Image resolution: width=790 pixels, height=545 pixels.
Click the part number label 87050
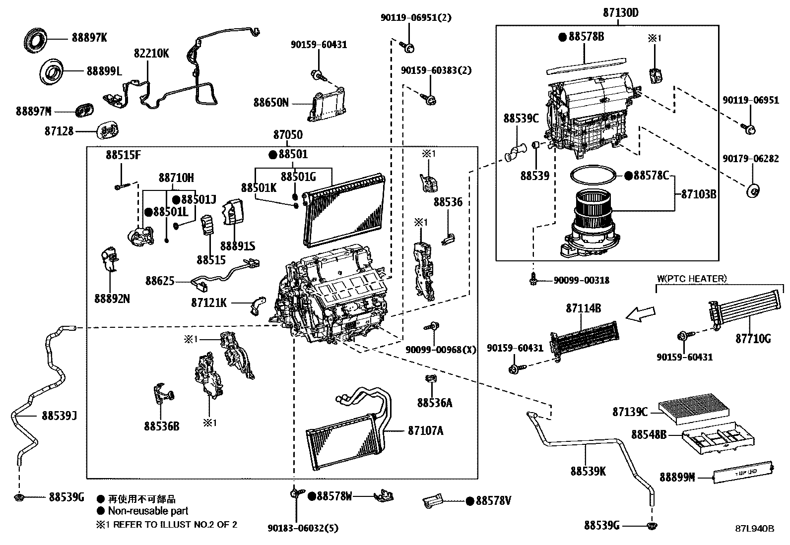click(287, 135)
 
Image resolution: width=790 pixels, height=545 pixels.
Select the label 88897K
click(89, 37)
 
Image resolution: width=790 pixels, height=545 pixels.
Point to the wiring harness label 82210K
click(151, 53)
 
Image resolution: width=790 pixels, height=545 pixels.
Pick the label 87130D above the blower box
click(620, 13)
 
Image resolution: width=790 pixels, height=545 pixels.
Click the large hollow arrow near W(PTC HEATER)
click(641, 313)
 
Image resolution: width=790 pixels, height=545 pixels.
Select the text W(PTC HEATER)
click(691, 279)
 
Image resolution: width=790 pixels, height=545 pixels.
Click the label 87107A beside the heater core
click(425, 431)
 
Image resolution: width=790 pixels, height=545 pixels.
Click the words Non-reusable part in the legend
click(148, 511)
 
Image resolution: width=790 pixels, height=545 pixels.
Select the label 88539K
click(588, 471)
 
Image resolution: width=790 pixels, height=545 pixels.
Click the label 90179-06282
click(750, 159)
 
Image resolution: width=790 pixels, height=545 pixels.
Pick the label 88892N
click(112, 299)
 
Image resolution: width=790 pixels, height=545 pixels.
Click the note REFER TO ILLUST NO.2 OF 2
click(175, 524)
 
